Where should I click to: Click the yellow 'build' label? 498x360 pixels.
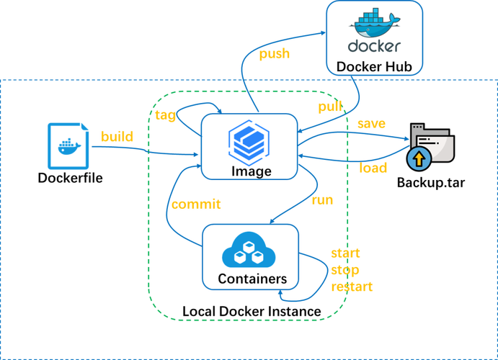[117, 137]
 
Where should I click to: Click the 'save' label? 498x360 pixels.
[371, 123]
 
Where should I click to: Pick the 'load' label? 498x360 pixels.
[373, 168]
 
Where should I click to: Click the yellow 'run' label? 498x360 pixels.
[321, 201]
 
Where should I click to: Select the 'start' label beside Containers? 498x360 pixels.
[344, 254]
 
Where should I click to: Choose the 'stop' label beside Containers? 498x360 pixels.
[344, 270]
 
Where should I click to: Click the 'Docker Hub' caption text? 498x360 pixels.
[374, 68]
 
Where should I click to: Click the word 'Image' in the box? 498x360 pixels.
[252, 171]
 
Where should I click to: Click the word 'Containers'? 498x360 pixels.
[252, 279]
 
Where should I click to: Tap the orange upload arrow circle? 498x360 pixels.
[417, 160]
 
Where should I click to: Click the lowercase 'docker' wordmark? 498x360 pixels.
[374, 47]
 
